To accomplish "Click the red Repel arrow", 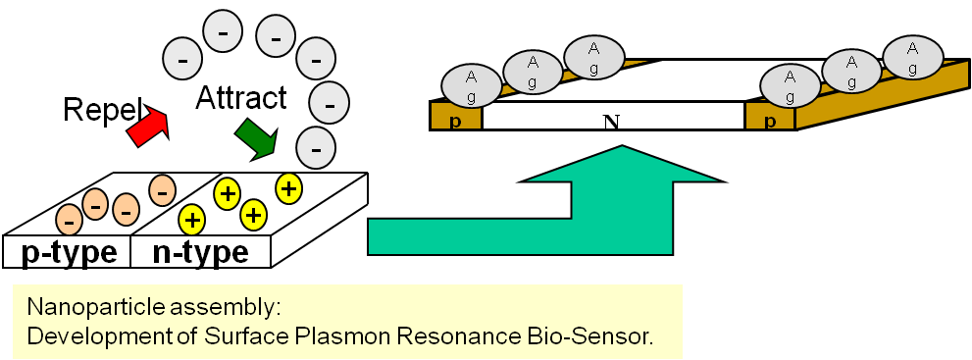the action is click(146, 126).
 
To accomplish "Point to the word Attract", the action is click(241, 98).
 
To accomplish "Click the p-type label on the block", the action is click(69, 253).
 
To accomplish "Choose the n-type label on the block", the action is click(200, 253).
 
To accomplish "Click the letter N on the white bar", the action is click(612, 122).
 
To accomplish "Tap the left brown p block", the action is click(456, 116).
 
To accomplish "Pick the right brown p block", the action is click(770, 116).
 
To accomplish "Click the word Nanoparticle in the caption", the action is click(86, 307).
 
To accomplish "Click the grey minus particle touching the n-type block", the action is click(316, 149).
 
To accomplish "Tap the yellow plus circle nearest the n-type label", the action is click(191, 219).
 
